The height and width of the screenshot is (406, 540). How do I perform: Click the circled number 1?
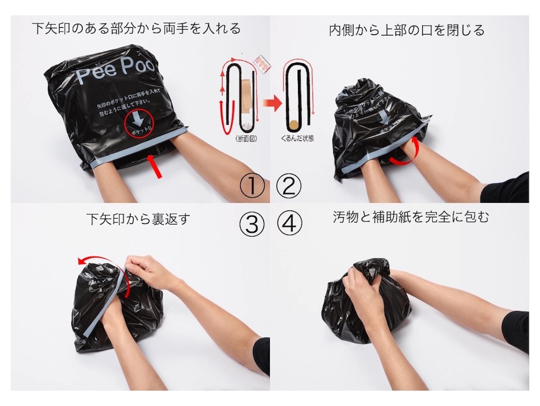252,186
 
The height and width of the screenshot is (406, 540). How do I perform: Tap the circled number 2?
289,186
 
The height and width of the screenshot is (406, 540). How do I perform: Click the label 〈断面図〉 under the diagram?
246,138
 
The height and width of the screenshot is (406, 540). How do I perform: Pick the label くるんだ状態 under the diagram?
297,138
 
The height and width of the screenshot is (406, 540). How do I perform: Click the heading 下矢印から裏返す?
138,219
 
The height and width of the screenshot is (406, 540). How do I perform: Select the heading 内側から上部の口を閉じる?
407,30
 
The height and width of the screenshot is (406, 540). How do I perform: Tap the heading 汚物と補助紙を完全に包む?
411,217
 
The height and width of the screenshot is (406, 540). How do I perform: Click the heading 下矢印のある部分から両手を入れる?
136,28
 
